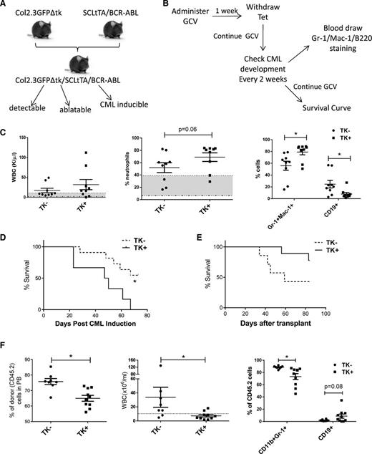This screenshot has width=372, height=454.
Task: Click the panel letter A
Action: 6,6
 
